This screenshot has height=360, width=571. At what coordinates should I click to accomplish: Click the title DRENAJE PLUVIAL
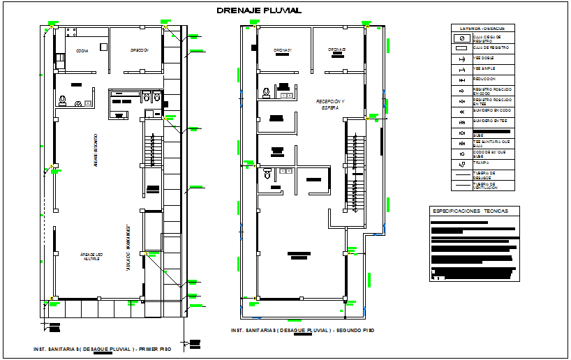tap(259, 10)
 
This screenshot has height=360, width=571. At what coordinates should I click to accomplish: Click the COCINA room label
tap(82, 51)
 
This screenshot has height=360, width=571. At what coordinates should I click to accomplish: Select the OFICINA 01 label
tap(282, 50)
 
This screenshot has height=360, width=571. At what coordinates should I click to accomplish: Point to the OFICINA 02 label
tap(338, 50)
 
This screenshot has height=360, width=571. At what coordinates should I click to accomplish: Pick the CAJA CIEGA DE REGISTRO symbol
tap(461, 38)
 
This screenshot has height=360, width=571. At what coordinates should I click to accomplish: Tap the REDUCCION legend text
tap(485, 79)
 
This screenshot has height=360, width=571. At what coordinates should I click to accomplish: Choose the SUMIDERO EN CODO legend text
tap(491, 110)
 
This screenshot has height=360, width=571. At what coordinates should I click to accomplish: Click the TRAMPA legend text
tap(482, 163)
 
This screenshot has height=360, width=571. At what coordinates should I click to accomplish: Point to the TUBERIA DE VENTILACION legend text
tap(485, 186)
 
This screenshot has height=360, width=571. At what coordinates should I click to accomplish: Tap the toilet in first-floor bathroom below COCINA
tap(63, 100)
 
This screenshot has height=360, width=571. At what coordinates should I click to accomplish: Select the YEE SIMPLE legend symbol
tap(461, 69)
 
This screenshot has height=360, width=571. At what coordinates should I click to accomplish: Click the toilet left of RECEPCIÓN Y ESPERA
tap(267, 92)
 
